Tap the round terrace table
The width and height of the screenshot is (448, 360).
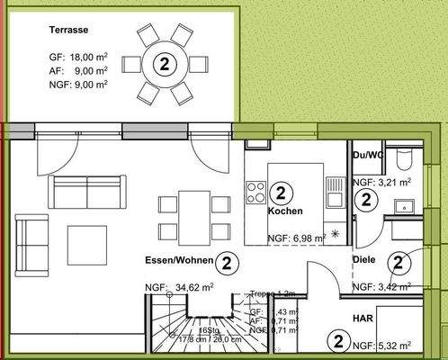tap(164, 63)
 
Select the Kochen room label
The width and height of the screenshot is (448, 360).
tap(284, 211)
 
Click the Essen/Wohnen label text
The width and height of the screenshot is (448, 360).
tap(178, 261)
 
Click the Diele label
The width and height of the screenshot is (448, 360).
tap(364, 260)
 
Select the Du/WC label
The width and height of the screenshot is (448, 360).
tap(370, 155)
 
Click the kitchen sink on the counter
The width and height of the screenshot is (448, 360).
tap(335, 190)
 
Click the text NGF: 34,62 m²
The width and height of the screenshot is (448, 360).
tap(179, 288)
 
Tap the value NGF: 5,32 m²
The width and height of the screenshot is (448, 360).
tap(382, 344)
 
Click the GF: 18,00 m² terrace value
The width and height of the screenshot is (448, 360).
tap(79, 56)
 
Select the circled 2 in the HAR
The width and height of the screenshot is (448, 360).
tap(338, 341)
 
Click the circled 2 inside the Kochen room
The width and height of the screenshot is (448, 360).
tap(281, 192)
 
